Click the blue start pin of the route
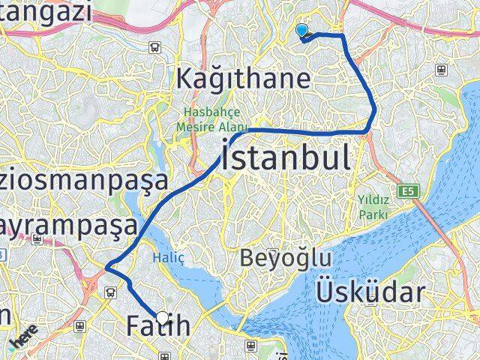301,31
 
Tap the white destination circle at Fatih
162,316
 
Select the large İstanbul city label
285,159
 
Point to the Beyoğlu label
285,259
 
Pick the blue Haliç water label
163,257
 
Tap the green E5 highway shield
407,192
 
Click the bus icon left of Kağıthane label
154,46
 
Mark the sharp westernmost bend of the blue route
107,267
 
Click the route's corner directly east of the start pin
343,35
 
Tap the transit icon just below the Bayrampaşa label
37,240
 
